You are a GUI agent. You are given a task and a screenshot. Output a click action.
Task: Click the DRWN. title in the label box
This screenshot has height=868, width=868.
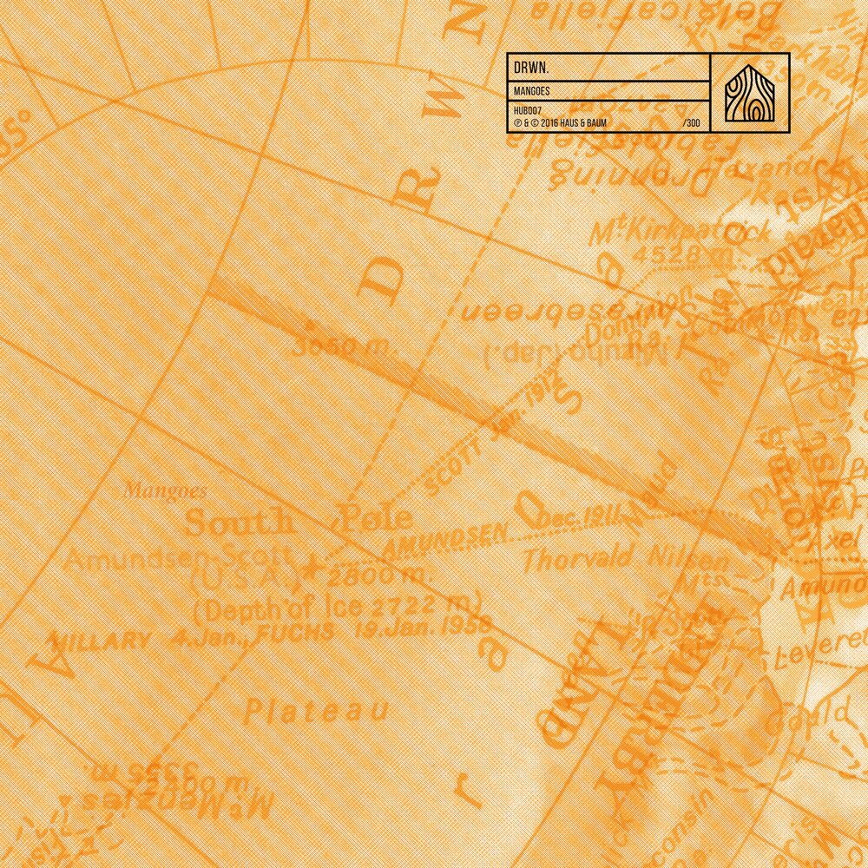click(x=531, y=67)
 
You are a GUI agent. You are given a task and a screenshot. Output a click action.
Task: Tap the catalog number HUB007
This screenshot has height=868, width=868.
click(x=527, y=109)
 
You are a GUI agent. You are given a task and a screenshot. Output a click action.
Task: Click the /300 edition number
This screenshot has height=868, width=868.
click(x=692, y=123)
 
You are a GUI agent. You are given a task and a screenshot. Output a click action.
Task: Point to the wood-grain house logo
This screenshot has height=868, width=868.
click(x=750, y=93)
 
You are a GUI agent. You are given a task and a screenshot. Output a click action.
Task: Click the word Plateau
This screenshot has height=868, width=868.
click(x=314, y=711)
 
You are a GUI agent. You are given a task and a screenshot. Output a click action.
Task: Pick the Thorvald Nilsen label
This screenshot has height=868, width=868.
click(x=626, y=556)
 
